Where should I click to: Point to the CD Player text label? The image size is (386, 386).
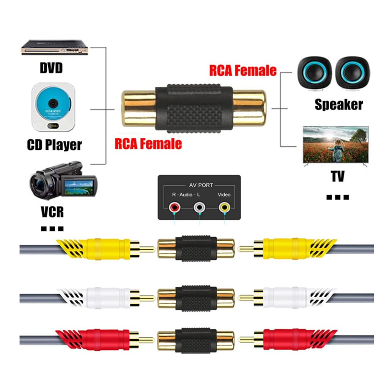(54, 145)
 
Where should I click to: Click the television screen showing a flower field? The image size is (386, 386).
(335, 144)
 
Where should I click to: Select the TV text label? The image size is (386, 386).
(337, 176)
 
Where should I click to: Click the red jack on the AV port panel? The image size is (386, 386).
(175, 208)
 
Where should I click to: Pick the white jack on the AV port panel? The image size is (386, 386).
(199, 208)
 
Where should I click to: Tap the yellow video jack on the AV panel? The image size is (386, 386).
(223, 208)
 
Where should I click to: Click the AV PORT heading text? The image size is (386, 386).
(200, 185)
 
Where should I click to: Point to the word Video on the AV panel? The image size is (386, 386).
(223, 195)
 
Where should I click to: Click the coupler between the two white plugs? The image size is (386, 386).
(196, 297)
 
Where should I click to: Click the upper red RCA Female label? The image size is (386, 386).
(243, 71)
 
